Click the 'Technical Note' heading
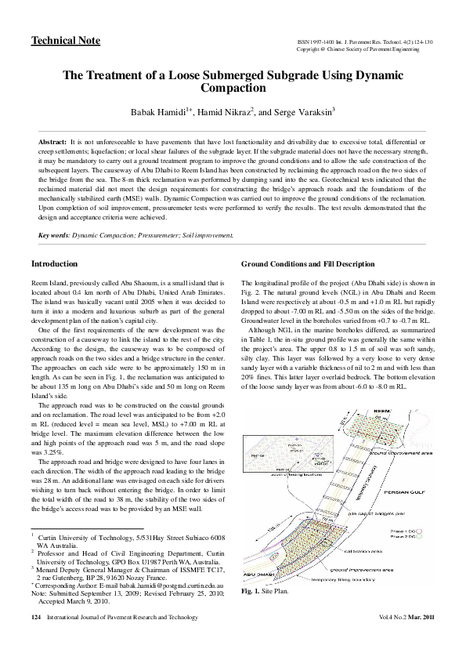tap(60, 40)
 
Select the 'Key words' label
tap(54, 234)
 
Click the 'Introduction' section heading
tap(55, 263)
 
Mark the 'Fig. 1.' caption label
tap(251, 592)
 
